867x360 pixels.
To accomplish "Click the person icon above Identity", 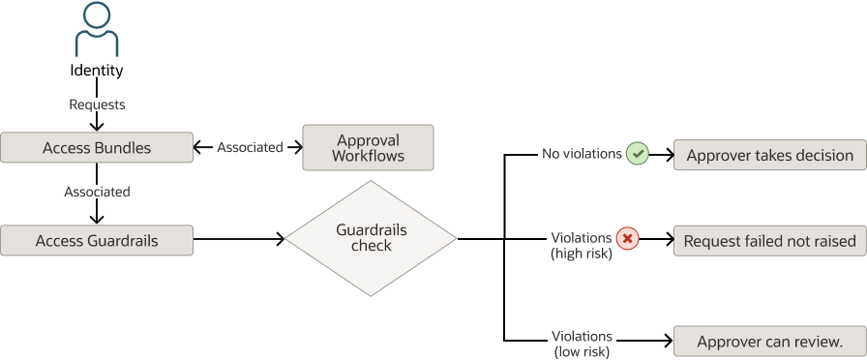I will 97,29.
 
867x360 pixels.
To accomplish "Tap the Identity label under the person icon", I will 97,71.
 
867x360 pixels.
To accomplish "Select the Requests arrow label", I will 97,104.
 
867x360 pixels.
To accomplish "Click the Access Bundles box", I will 97,148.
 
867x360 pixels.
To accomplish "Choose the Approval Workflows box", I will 368,148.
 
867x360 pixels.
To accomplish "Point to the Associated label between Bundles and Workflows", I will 250,148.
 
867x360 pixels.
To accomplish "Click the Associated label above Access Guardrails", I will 97,192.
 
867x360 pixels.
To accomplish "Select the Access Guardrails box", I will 97,240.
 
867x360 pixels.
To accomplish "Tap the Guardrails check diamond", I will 371,239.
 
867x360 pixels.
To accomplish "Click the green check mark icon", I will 637,153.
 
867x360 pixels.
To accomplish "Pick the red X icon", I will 628,238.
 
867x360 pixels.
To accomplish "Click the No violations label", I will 581,153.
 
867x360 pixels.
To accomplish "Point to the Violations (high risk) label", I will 581,246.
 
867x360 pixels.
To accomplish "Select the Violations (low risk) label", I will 582,345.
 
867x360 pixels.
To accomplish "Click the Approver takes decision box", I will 769,155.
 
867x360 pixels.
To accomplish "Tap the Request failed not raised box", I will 769,241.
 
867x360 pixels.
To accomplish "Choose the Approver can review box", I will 769,342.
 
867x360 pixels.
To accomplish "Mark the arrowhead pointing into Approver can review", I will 667,342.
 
